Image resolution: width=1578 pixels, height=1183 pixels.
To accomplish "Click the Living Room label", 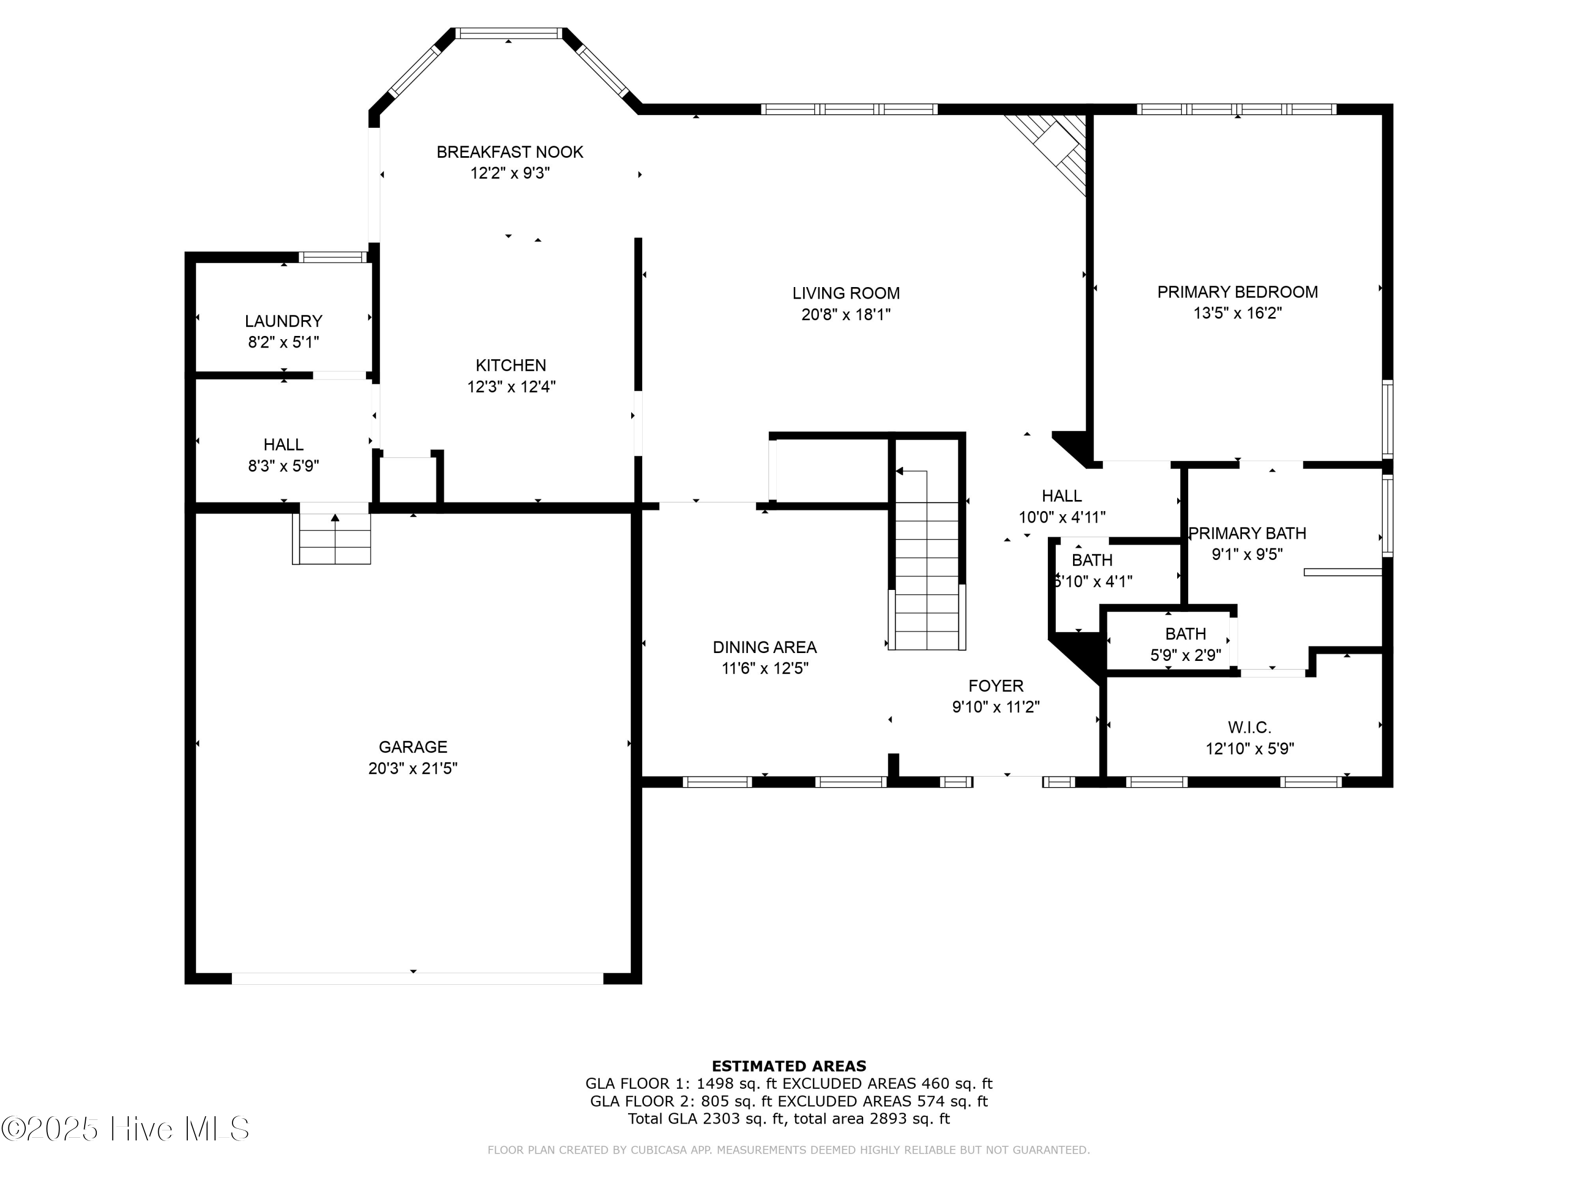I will coord(845,293).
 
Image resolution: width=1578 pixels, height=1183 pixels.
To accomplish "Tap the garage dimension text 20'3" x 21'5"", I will coord(412,768).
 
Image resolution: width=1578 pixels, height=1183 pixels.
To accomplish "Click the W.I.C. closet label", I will coord(1249,727).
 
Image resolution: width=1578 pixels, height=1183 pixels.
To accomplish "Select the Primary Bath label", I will coord(1247,533).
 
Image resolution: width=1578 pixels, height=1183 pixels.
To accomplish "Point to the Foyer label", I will coord(995,686).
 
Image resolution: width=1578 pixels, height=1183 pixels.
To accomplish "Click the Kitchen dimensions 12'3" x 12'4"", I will coord(511,386).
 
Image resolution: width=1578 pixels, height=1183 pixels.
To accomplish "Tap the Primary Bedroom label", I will coord(1237,292).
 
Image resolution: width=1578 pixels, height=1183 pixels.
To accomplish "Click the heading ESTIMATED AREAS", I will coord(788,1066).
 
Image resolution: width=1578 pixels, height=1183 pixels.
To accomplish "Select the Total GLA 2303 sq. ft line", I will coord(788,1118).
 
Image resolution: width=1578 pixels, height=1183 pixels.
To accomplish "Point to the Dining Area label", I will coord(764,647).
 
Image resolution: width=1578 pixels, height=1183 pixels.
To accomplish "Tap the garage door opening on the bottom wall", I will coord(417,978).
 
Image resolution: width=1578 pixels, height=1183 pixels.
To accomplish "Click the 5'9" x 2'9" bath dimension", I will coord(1185,655).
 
